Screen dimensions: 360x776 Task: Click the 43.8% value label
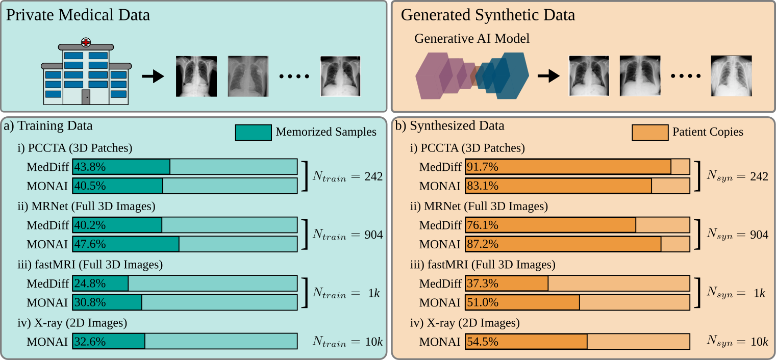pyautogui.click(x=90, y=166)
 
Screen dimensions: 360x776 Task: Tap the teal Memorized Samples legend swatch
pyautogui.click(x=253, y=132)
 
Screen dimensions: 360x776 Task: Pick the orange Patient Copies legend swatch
pyautogui.click(x=649, y=132)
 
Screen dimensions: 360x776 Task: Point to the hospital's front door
pyautogui.click(x=86, y=97)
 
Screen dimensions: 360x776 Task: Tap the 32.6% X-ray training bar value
pyautogui.click(x=90, y=341)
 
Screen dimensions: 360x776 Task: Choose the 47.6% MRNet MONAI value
pyautogui.click(x=90, y=244)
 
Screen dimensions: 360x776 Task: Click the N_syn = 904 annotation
pyautogui.click(x=737, y=235)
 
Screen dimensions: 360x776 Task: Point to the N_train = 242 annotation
pyautogui.click(x=348, y=176)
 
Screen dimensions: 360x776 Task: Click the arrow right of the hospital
pyautogui.click(x=152, y=76)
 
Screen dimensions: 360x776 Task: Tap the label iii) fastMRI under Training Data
pyautogui.click(x=90, y=265)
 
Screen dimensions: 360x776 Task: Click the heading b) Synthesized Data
pyautogui.click(x=450, y=125)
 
